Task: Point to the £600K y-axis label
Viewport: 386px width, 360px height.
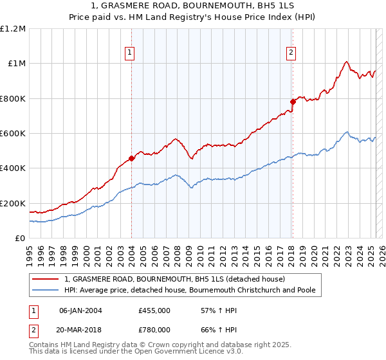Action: click(13, 134)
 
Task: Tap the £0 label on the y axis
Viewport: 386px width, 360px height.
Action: click(21, 239)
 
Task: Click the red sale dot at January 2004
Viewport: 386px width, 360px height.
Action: click(131, 158)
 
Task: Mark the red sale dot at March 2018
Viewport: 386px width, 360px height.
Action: click(293, 102)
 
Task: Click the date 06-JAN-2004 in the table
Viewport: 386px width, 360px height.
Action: click(80, 310)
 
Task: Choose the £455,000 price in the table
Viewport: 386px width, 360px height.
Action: click(154, 310)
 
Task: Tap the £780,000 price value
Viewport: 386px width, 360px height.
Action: click(154, 330)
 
